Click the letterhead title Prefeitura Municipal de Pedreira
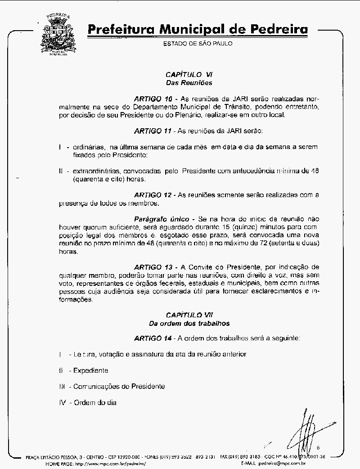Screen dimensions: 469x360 point(198,30)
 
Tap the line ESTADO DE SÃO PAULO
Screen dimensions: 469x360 point(198,44)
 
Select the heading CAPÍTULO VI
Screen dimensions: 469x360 point(189,74)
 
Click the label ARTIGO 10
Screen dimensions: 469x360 point(153,98)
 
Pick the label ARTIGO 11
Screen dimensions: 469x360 point(153,131)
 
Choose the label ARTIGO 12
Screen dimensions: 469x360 point(153,194)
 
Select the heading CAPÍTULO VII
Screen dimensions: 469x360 point(189,315)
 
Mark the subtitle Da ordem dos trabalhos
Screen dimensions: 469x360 point(189,323)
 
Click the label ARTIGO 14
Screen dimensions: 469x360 point(153,338)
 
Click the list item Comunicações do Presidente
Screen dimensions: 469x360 point(119,386)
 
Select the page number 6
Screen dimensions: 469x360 point(318,447)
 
